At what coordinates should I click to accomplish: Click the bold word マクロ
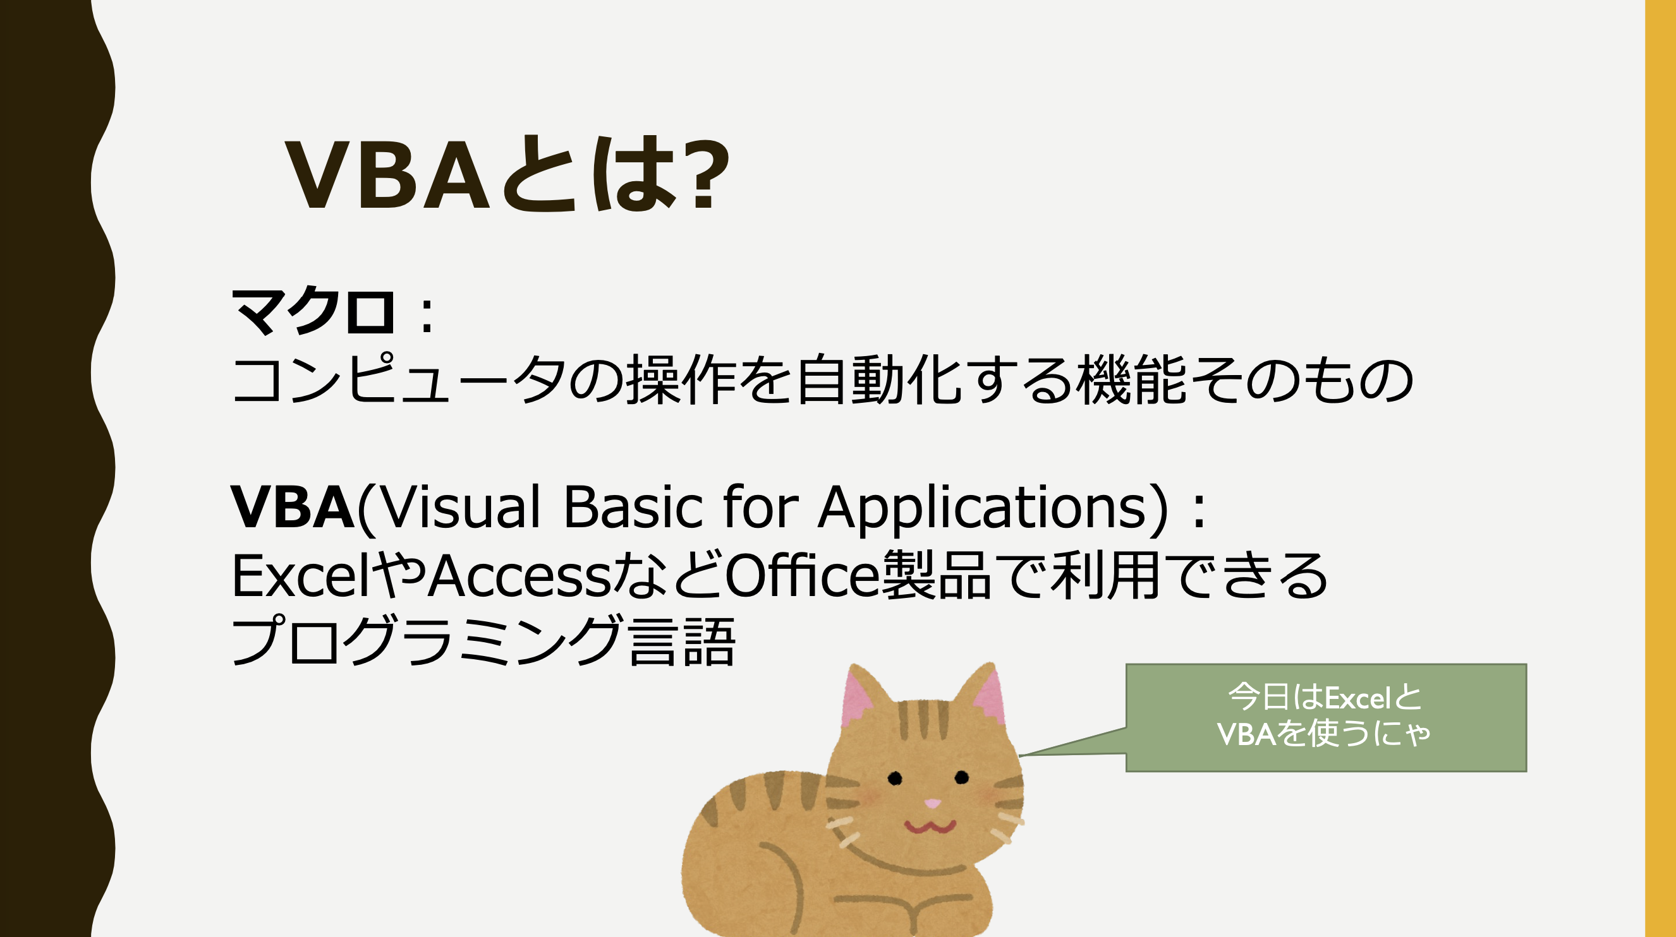(x=313, y=311)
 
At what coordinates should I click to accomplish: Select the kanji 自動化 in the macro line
(x=879, y=379)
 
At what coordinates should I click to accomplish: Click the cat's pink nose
(x=932, y=804)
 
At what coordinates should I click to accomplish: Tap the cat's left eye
(x=896, y=778)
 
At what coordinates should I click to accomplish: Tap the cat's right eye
(x=962, y=777)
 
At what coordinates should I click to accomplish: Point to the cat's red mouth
(x=930, y=827)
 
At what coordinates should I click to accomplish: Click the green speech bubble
(x=1326, y=718)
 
